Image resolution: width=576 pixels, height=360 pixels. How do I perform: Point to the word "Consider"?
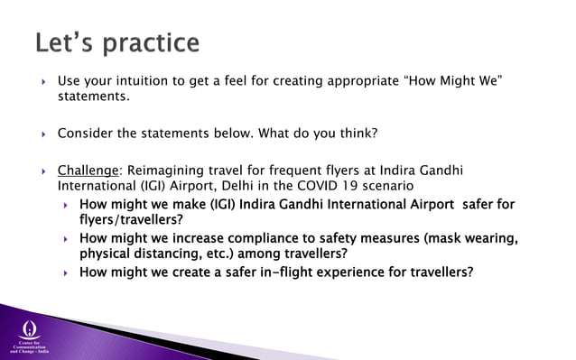86,134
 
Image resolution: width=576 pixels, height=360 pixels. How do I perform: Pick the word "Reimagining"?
168,171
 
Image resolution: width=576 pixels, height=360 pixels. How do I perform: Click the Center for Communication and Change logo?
30,333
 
